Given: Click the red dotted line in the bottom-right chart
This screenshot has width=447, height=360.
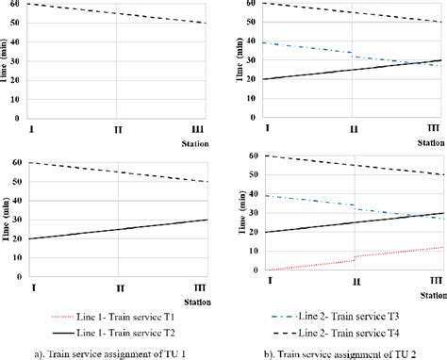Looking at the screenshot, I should (x=396, y=253).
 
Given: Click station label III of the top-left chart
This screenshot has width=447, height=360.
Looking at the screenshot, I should (x=203, y=129).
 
